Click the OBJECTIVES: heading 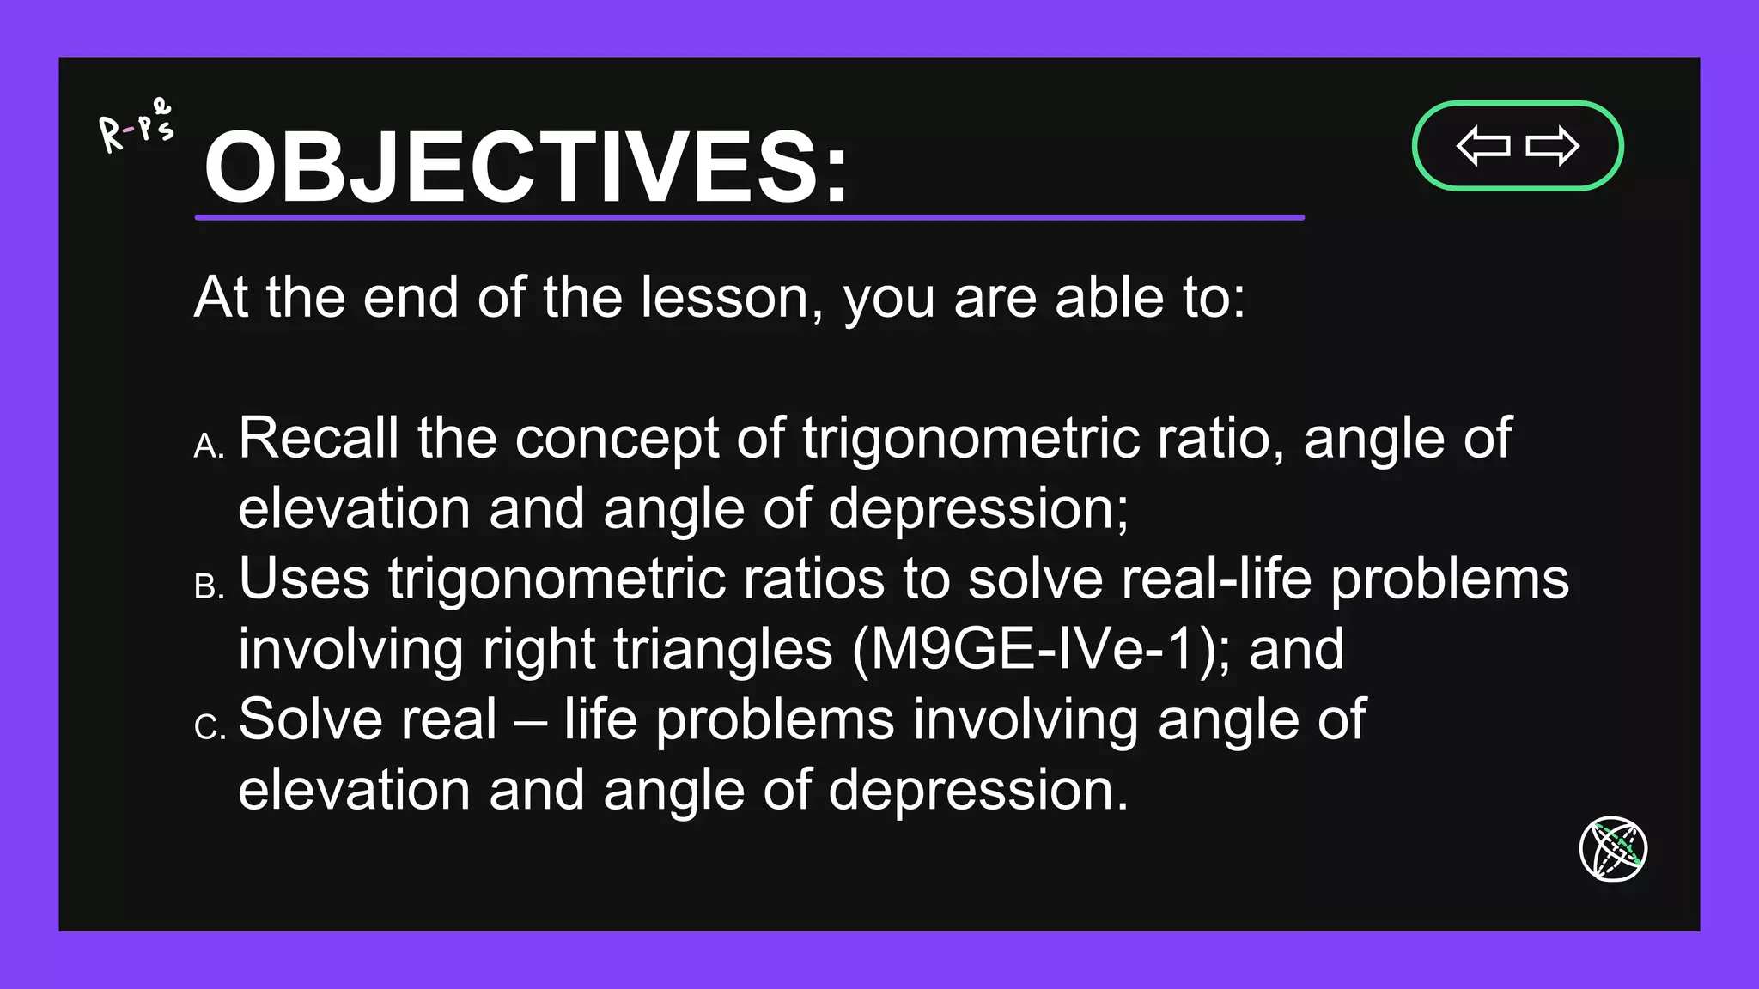(x=526, y=167)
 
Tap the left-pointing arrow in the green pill (x=1483, y=146)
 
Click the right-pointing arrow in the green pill (x=1552, y=146)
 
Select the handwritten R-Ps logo (x=136, y=127)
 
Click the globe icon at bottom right (x=1613, y=848)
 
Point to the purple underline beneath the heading (x=749, y=218)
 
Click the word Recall (x=318, y=438)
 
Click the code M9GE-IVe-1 (x=1033, y=649)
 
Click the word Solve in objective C (x=367, y=719)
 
